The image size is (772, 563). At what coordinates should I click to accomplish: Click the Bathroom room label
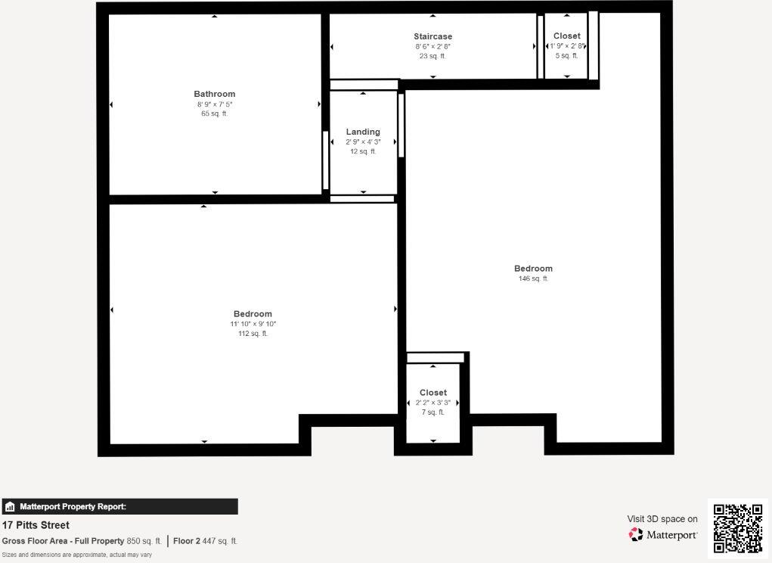click(215, 94)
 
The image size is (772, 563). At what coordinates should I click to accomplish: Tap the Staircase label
click(433, 36)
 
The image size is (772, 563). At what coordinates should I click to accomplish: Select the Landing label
click(363, 132)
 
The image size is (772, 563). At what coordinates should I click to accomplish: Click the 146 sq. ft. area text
click(533, 278)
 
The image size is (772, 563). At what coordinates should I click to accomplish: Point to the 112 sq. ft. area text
click(253, 334)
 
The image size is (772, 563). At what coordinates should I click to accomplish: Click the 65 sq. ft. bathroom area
click(215, 114)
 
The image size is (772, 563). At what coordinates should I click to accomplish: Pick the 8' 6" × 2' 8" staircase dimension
click(433, 46)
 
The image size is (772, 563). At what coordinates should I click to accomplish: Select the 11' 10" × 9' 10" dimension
click(253, 324)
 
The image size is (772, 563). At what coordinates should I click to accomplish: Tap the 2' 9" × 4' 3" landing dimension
click(363, 142)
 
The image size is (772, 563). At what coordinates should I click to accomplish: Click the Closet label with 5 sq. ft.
click(567, 36)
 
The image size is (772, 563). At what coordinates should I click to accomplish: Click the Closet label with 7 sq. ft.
click(433, 393)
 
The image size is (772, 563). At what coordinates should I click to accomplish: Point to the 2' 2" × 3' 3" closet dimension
click(433, 403)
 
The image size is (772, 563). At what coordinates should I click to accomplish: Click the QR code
click(738, 528)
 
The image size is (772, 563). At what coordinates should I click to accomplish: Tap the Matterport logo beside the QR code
click(663, 535)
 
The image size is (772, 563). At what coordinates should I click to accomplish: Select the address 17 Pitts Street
click(36, 525)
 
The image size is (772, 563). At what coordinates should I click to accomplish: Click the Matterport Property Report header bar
click(119, 507)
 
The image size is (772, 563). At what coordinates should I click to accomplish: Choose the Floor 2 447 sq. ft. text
click(205, 541)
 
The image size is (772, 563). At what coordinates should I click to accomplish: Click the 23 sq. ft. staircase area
click(433, 56)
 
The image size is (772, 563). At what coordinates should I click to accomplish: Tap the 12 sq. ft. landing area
click(363, 151)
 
